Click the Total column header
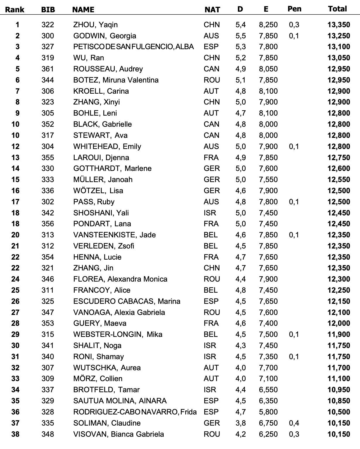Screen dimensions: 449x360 [x=337, y=9]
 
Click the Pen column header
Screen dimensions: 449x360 [x=294, y=9]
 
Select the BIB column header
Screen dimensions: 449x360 [x=48, y=9]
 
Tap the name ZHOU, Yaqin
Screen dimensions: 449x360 [x=95, y=25]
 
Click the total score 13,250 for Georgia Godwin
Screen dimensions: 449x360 [x=339, y=36]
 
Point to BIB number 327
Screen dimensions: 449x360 [x=48, y=47]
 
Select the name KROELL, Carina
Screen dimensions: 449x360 [x=101, y=91]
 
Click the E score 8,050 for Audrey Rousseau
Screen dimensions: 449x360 [x=268, y=69]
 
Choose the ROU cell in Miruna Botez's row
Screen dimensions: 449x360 [x=212, y=80]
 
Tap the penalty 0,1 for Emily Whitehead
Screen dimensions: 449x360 [x=294, y=146]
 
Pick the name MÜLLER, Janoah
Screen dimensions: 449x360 [x=103, y=179]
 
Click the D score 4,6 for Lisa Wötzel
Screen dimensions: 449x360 [x=241, y=191]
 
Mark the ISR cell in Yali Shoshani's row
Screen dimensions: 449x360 [x=210, y=213]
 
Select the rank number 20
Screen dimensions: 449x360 [x=15, y=235]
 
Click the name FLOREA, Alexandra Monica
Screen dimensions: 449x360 [x=120, y=279]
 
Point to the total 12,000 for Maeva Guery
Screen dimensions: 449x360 [x=339, y=323]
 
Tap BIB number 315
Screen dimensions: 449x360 [x=48, y=334]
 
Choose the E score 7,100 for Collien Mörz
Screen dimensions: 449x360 [x=268, y=378]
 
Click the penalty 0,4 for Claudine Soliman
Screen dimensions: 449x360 [x=294, y=423]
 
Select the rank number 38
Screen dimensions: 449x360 [x=15, y=434]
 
